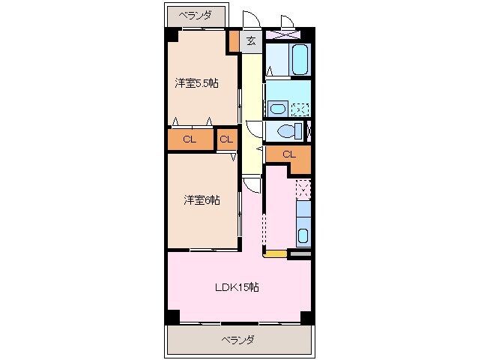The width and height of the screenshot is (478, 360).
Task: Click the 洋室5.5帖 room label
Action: [x=197, y=83]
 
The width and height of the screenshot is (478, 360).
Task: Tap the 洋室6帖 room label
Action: [x=202, y=199]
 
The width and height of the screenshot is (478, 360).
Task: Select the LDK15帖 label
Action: [x=238, y=286]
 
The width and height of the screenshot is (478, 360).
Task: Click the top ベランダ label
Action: [x=196, y=14]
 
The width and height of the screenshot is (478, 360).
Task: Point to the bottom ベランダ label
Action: [x=238, y=340]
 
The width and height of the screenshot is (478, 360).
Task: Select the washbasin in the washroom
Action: [x=277, y=109]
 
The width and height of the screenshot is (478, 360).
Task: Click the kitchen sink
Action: [x=303, y=235]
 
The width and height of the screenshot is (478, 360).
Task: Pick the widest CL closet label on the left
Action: [x=190, y=139]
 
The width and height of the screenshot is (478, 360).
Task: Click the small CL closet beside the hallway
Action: [x=226, y=139]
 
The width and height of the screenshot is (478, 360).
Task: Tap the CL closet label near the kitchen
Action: [x=288, y=154]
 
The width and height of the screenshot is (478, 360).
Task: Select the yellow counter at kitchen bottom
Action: [x=275, y=254]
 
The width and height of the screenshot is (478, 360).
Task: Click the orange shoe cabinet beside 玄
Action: [x=235, y=41]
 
